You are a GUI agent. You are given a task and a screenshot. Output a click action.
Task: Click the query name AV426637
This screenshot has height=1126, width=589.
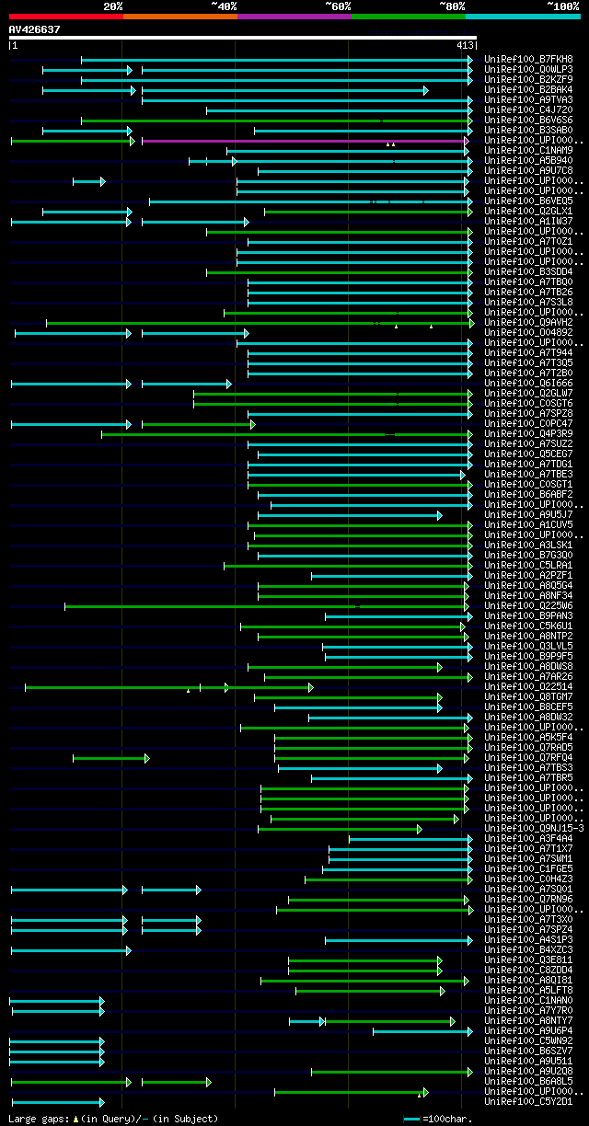click(34, 29)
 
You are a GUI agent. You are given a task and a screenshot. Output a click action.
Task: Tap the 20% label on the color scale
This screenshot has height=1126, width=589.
click(113, 6)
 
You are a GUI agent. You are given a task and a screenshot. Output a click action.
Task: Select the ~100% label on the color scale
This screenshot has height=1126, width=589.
click(562, 6)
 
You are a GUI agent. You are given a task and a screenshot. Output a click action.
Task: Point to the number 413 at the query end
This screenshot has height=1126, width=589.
click(464, 45)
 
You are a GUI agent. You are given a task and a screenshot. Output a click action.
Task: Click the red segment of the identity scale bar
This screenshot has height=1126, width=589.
click(65, 17)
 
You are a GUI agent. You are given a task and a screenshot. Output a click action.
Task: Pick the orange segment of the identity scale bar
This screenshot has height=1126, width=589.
click(179, 17)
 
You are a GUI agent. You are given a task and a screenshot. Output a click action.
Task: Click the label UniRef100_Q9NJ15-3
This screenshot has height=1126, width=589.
click(533, 829)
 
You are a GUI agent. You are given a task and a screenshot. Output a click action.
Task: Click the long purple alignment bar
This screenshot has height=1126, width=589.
click(304, 141)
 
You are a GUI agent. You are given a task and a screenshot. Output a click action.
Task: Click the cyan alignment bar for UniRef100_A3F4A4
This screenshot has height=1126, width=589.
click(410, 839)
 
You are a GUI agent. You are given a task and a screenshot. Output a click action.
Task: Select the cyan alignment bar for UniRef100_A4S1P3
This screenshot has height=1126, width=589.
click(398, 940)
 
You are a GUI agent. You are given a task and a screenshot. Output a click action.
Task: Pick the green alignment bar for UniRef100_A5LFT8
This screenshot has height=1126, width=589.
click(368, 991)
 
